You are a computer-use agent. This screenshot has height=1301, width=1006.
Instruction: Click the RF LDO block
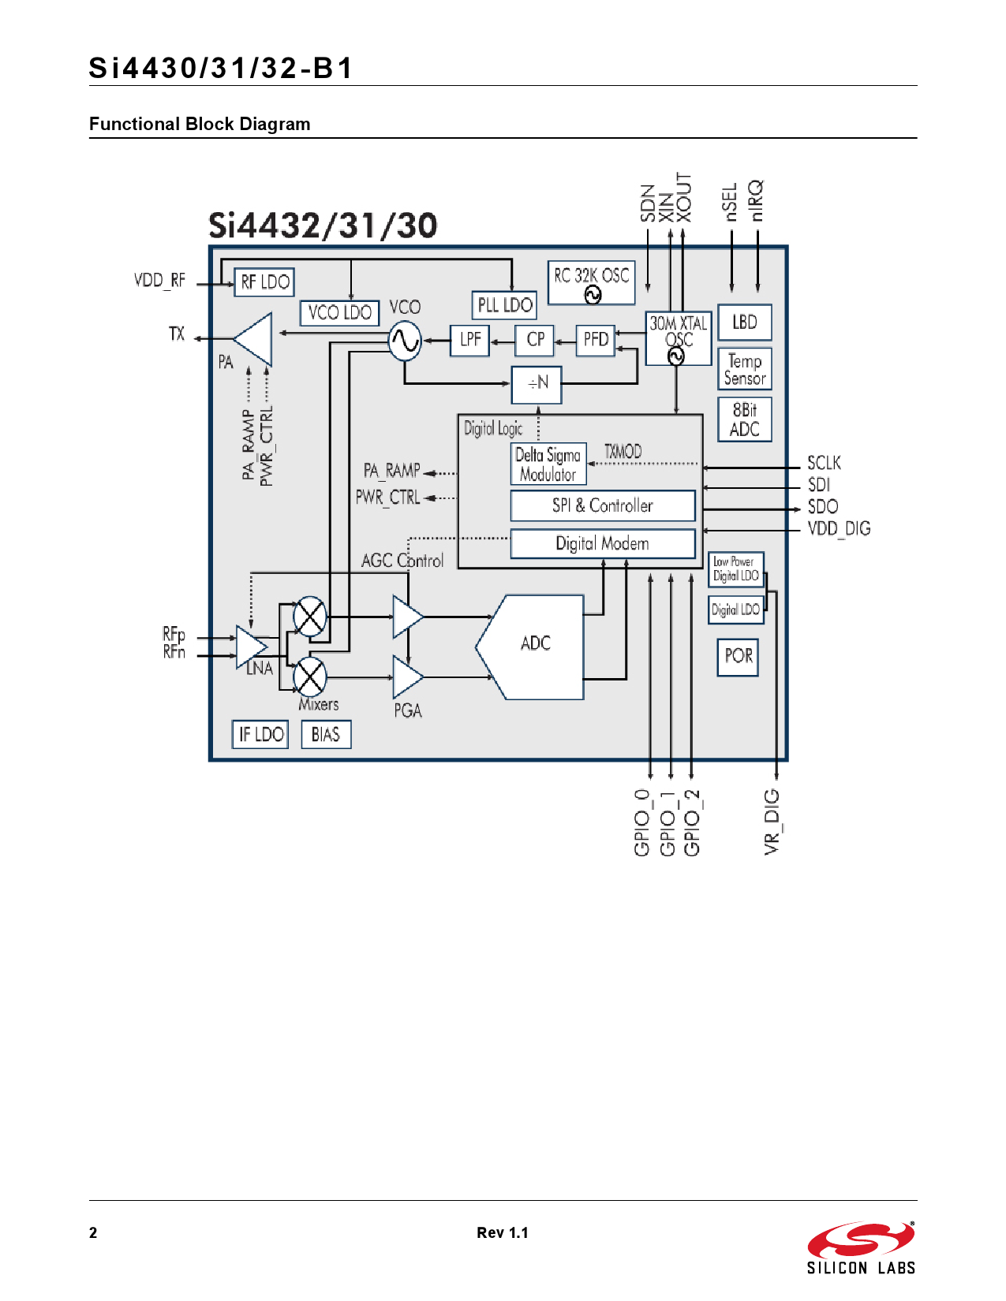click(x=264, y=282)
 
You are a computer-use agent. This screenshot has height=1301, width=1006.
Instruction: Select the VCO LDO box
click(x=339, y=313)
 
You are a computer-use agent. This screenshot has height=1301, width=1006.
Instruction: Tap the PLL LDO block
click(x=505, y=305)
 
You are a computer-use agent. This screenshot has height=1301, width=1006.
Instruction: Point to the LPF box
click(x=470, y=340)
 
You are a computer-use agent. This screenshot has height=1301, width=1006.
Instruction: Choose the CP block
click(x=535, y=340)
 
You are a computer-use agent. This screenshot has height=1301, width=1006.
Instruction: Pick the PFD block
click(x=596, y=340)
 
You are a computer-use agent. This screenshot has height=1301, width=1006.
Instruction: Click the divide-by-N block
click(x=537, y=384)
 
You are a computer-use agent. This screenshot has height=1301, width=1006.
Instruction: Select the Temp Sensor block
click(x=745, y=369)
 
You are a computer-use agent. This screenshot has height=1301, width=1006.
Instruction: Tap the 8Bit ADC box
click(x=745, y=419)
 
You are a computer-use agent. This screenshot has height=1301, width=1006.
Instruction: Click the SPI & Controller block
click(x=603, y=505)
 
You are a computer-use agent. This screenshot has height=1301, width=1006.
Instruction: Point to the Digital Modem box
click(x=603, y=543)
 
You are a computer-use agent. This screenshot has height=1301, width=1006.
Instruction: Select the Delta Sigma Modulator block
click(x=548, y=464)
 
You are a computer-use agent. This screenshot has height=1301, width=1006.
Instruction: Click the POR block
click(x=738, y=657)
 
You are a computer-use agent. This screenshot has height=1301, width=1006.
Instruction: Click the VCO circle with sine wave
click(x=406, y=341)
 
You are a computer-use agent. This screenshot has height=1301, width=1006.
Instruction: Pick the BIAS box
click(x=326, y=735)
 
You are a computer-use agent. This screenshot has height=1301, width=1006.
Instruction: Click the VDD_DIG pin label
click(x=839, y=529)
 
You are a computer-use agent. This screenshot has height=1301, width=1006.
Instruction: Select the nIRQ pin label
click(x=757, y=200)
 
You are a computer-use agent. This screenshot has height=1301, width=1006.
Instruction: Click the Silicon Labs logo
click(x=861, y=1248)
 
